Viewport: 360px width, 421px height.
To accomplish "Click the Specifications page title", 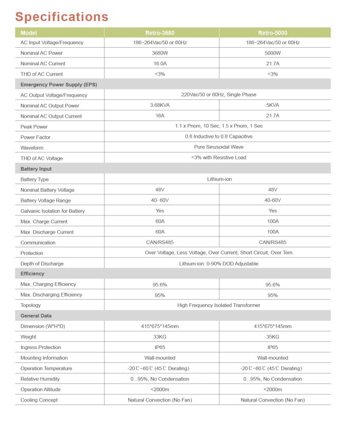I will (x=62, y=16).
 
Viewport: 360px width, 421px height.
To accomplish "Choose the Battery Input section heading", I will (x=36, y=169).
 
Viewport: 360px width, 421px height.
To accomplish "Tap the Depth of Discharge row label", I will (x=42, y=264).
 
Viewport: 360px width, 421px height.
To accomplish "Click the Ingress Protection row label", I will (x=41, y=347).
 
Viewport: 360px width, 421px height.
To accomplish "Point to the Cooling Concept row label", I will (x=39, y=400).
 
